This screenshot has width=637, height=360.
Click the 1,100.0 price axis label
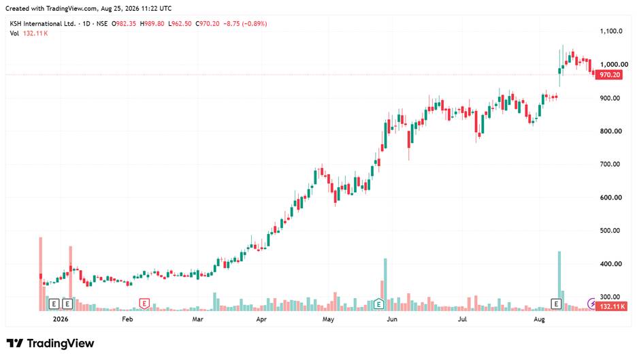[611, 31]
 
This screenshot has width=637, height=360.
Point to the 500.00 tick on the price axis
[610, 231]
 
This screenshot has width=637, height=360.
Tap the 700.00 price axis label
[610, 164]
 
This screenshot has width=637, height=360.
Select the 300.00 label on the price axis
[610, 297]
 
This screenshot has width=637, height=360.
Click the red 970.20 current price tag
[609, 75]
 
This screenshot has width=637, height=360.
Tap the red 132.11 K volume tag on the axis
[612, 306]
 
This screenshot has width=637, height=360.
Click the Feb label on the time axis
[127, 319]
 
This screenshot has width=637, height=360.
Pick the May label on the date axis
[328, 319]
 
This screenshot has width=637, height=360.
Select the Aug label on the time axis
[539, 319]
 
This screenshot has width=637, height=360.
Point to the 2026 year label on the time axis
[61, 319]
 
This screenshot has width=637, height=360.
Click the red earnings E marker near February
[144, 303]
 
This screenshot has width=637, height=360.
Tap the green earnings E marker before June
[378, 303]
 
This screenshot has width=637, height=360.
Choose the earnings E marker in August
[556, 303]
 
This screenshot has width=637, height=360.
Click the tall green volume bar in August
[559, 281]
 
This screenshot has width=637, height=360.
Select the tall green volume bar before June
[385, 284]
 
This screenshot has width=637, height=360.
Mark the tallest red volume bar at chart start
[41, 274]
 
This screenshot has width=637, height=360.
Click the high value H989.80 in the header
[152, 24]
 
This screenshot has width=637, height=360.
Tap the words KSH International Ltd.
[43, 24]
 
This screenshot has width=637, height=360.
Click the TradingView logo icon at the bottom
[15, 344]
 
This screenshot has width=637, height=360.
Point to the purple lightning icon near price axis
[592, 303]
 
